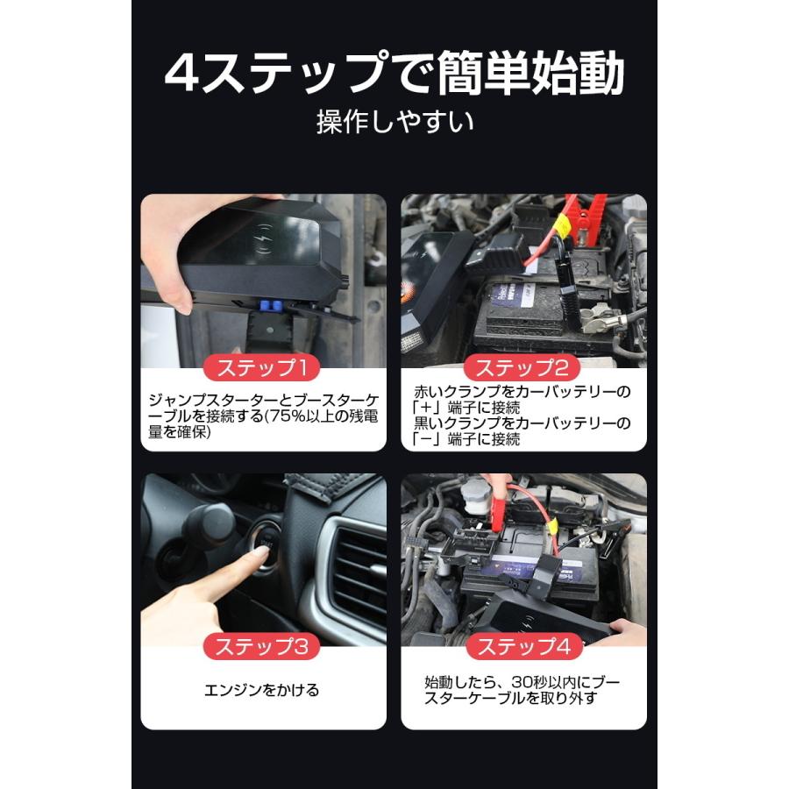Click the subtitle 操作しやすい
pyautogui.click(x=394, y=121)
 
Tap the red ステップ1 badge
pyautogui.click(x=263, y=367)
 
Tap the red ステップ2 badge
pyautogui.click(x=523, y=367)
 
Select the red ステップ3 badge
pyautogui.click(x=263, y=648)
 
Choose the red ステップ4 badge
pyautogui.click(x=523, y=648)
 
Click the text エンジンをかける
pyautogui.click(x=263, y=690)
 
